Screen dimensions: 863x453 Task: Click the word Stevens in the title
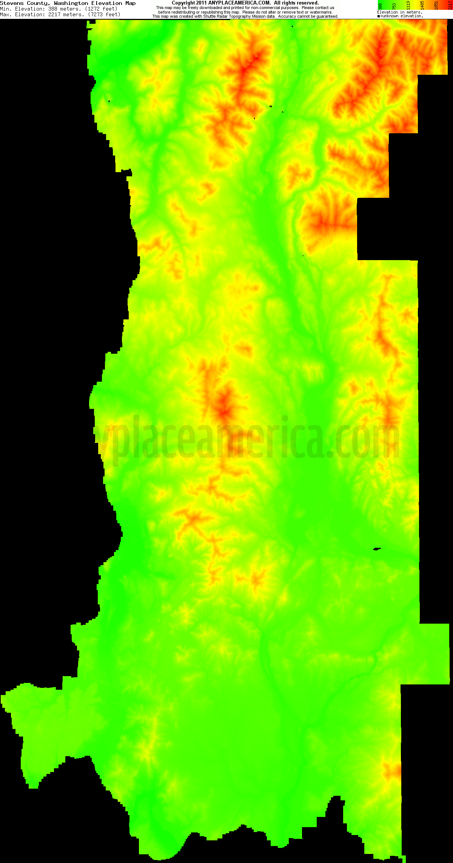tap(12, 3)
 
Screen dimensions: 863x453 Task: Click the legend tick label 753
tap(394, 6)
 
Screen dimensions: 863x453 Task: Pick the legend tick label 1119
tap(408, 5)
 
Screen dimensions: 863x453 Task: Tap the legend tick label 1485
tap(422, 5)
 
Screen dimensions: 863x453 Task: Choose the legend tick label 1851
tap(436, 5)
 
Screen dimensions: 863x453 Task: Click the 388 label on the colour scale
tap(380, 6)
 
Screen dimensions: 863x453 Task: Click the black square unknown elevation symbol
tap(378, 16)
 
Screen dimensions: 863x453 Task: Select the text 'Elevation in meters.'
tap(399, 12)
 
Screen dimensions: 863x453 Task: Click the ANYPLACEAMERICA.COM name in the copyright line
tap(239, 3)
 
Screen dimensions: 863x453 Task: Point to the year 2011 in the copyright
tap(201, 3)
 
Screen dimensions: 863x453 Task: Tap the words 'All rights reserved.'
tap(296, 3)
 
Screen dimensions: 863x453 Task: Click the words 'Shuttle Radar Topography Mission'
tap(239, 17)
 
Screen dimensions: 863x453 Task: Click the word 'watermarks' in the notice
tap(321, 12)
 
